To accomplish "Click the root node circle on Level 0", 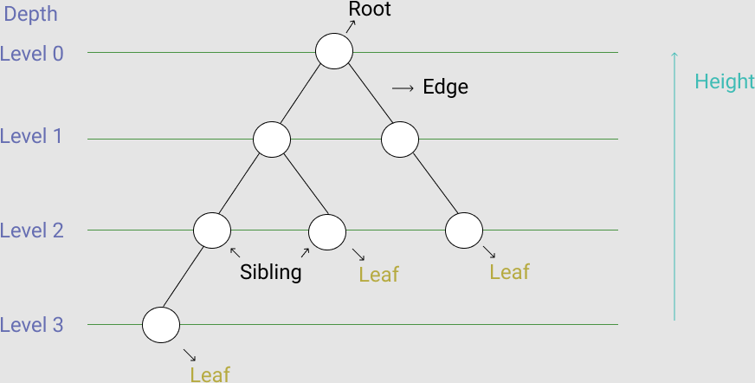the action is [x=333, y=51].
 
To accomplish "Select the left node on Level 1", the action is [x=272, y=139].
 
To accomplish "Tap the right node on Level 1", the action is [x=400, y=139].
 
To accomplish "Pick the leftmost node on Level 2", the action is [x=212, y=230].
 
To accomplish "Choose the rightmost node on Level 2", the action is [x=463, y=230].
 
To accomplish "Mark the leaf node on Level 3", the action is [x=161, y=325].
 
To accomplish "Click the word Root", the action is [x=370, y=10].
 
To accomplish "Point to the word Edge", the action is [x=445, y=88].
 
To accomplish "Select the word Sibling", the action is [x=271, y=272].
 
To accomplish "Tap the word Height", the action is [x=725, y=81].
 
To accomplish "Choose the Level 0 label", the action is [x=32, y=53].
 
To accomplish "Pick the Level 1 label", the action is [x=32, y=137].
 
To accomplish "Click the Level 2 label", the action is [x=32, y=230].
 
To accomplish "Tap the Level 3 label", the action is [x=32, y=325].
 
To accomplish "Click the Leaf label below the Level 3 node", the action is [x=210, y=373].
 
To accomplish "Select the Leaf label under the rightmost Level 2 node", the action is [x=509, y=271].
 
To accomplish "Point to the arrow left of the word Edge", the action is [x=403, y=88].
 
